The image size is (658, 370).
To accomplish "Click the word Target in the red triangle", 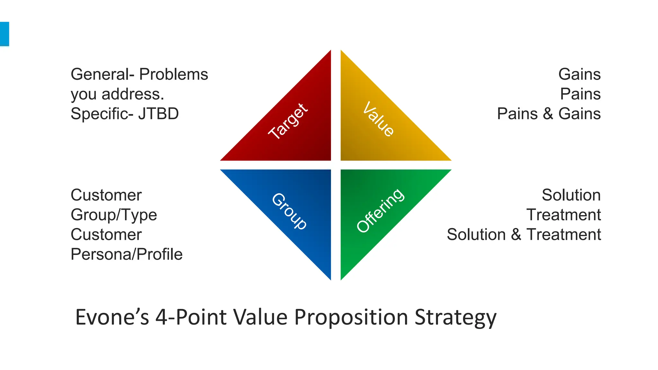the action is tap(288, 121).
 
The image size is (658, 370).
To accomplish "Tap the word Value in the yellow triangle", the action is tap(378, 119).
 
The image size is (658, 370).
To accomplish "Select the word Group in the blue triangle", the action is tap(289, 211).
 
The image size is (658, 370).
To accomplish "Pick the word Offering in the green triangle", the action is tap(380, 210).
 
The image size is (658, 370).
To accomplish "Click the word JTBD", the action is tap(158, 114).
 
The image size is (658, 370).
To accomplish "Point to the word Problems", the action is tap(173, 75).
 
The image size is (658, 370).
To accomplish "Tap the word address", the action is tap(133, 94).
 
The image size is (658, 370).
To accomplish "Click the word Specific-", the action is tap(102, 114).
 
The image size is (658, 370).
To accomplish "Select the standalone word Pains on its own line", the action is tap(580, 94).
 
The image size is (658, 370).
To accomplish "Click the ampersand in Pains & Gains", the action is tap(548, 114).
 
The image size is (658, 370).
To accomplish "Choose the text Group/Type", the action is tap(114, 215).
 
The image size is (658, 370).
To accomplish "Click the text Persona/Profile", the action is tap(127, 254).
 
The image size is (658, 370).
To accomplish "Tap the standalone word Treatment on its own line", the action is tap(564, 215).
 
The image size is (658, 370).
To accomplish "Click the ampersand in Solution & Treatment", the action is tap(516, 234).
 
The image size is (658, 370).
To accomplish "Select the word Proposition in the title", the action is tap(351, 317).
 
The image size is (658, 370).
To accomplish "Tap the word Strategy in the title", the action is tap(455, 317).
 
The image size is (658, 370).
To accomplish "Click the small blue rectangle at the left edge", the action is tap(4, 34).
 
